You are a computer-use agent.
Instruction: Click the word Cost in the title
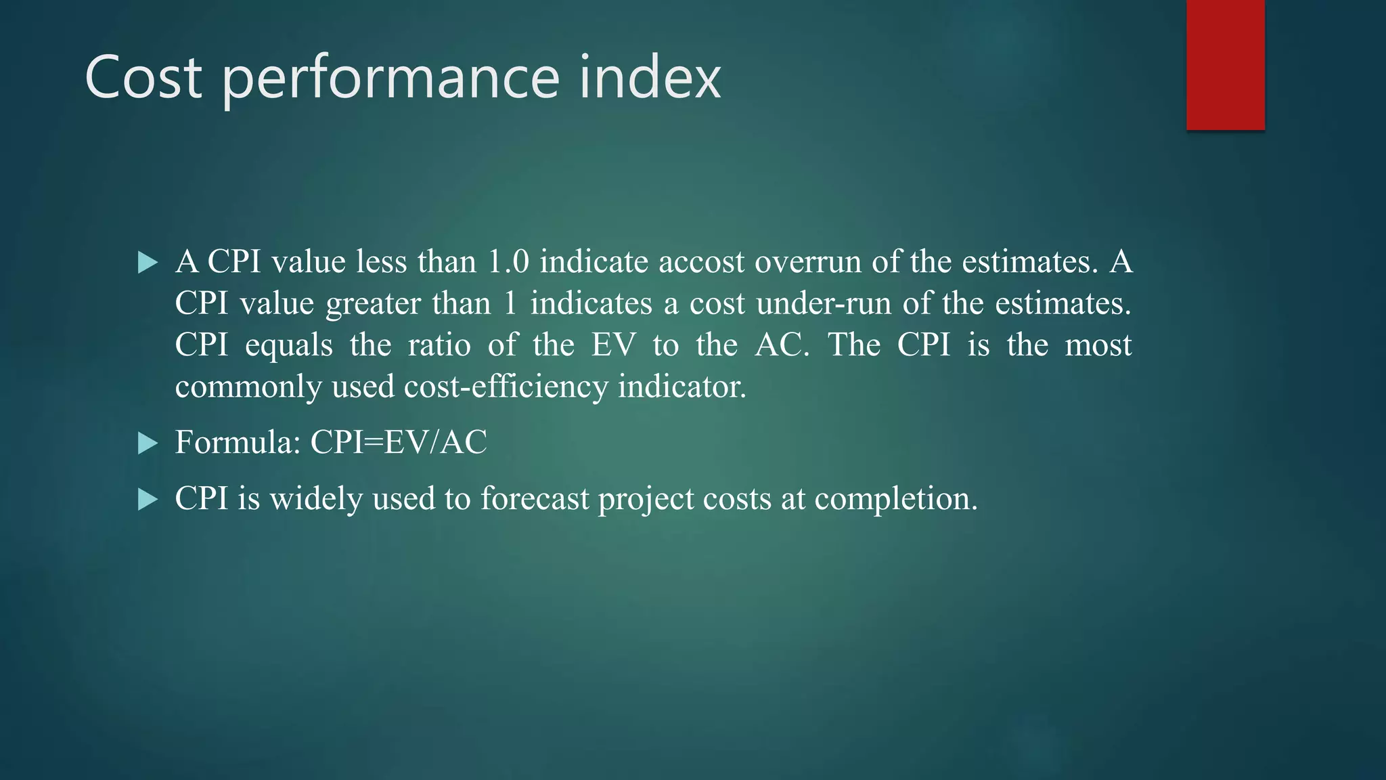coord(143,77)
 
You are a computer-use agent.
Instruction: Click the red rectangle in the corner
coord(1225,65)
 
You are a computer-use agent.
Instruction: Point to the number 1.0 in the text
coord(508,262)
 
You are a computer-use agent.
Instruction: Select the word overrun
coord(807,262)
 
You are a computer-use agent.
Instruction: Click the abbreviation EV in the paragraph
coord(614,345)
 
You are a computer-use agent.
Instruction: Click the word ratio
coord(439,345)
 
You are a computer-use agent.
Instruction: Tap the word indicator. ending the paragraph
coord(682,387)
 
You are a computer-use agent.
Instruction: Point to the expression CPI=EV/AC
coord(399,443)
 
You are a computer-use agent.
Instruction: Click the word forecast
coord(535,499)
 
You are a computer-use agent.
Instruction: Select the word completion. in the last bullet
coord(896,499)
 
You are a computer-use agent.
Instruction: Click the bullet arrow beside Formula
coord(147,444)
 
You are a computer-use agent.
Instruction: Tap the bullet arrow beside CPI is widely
coord(147,500)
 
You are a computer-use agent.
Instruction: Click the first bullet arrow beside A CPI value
coord(147,263)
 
